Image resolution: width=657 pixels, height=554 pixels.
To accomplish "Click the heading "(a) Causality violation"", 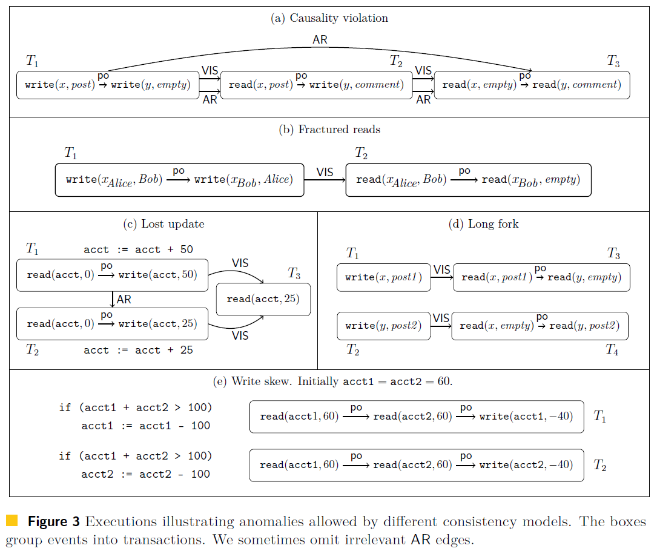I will [x=329, y=18].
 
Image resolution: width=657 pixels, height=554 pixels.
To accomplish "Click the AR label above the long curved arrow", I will [x=320, y=41].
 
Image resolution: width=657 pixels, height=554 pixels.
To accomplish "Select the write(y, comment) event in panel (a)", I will [x=356, y=85].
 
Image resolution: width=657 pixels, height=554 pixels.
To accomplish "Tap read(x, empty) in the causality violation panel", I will [x=479, y=85].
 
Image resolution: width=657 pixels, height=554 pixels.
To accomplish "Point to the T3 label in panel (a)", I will [x=613, y=61].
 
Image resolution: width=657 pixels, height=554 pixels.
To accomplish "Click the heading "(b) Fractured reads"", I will [x=329, y=130].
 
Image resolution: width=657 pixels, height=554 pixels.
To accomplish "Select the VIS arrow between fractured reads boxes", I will [x=325, y=180].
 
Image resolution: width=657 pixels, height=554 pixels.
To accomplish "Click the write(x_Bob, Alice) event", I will [x=243, y=180].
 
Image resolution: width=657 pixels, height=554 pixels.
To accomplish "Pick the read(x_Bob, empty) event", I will [x=530, y=180].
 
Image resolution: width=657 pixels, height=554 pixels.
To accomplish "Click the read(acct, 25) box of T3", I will [x=263, y=299].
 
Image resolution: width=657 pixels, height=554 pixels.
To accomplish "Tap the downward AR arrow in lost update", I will [x=113, y=299].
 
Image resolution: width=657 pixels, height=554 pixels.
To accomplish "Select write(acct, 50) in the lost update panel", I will [x=157, y=275].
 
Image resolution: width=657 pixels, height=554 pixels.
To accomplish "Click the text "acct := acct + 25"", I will [x=138, y=350].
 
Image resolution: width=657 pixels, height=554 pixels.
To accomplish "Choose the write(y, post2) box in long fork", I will [x=383, y=326].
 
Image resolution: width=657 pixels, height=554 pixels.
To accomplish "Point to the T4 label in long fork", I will [x=612, y=350].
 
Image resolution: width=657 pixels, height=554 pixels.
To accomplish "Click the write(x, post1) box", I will [x=383, y=277].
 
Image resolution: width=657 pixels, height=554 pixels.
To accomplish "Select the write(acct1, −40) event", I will [x=526, y=417].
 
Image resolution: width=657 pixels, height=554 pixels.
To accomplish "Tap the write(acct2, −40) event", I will [x=526, y=465].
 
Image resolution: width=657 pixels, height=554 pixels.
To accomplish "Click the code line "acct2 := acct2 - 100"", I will [x=146, y=474].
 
